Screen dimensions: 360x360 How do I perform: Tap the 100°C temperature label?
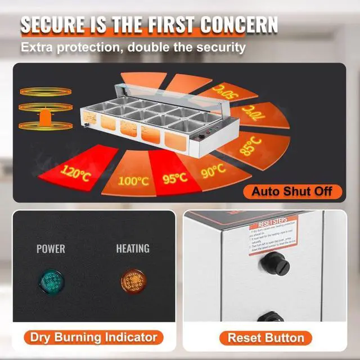pyautogui.click(x=133, y=181)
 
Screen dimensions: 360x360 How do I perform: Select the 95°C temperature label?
pyautogui.click(x=175, y=178)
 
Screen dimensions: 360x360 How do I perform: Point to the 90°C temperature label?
pyautogui.click(x=213, y=169)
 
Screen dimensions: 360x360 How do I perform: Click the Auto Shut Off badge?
pyautogui.click(x=296, y=191)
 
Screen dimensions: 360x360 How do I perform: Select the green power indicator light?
pyautogui.click(x=51, y=279)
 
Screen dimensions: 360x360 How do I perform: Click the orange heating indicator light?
pyautogui.click(x=132, y=279)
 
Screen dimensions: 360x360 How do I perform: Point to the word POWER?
pyautogui.click(x=51, y=248)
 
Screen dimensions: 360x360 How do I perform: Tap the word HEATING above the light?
pyautogui.click(x=133, y=248)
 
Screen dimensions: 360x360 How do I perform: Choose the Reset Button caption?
pyautogui.click(x=266, y=338)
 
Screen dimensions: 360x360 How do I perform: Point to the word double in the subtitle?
pyautogui.click(x=144, y=47)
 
